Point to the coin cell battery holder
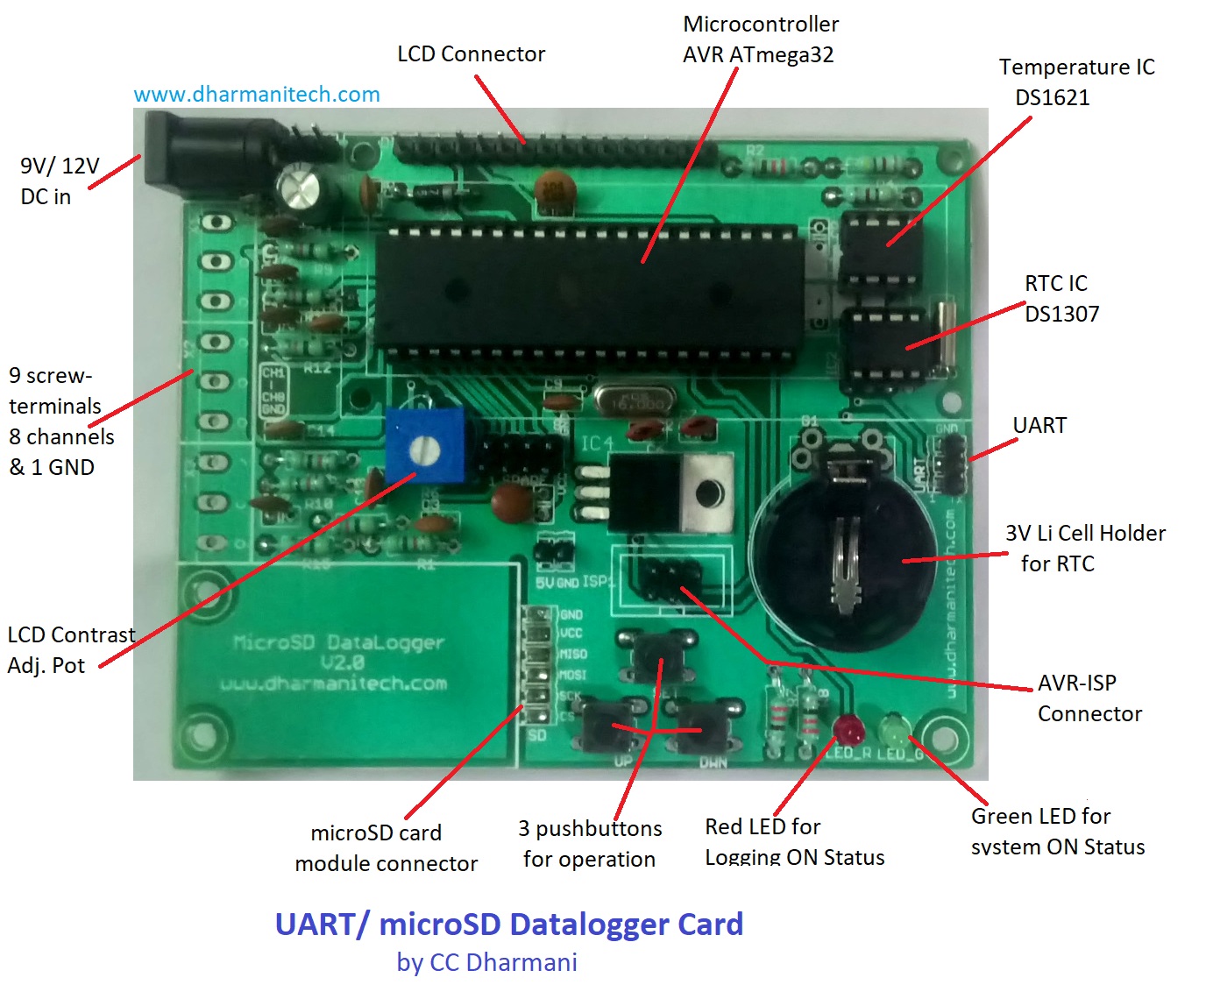click(x=841, y=561)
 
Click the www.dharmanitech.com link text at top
click(x=257, y=95)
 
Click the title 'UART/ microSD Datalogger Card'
click(x=509, y=925)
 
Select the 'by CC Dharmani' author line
click(x=486, y=962)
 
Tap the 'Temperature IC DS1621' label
click(x=1076, y=82)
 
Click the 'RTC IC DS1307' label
click(x=1061, y=299)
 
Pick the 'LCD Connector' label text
click(x=471, y=54)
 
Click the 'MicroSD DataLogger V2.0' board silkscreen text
click(x=339, y=653)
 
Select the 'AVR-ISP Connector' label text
click(x=1089, y=698)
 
